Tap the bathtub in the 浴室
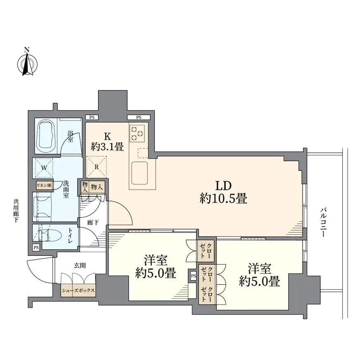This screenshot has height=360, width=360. click(x=47, y=136)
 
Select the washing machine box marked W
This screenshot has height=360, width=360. click(x=44, y=168)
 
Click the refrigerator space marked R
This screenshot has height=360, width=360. click(x=97, y=167)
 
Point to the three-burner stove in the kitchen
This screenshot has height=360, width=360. click(x=137, y=133)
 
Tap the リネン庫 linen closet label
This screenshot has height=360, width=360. click(x=44, y=185)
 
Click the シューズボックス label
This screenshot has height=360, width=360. click(x=78, y=290)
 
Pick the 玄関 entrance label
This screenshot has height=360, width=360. click(x=80, y=265)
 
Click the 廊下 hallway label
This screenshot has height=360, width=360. click(x=93, y=222)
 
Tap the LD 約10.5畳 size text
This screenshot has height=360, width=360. click(x=223, y=192)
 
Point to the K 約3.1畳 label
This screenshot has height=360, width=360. click(x=107, y=142)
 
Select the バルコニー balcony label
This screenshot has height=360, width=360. click(x=323, y=222)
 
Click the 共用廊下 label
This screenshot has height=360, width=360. click(x=16, y=211)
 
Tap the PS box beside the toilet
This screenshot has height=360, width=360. click(x=36, y=248)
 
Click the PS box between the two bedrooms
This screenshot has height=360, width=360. click(x=193, y=276)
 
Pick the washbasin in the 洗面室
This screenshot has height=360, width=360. click(x=42, y=207)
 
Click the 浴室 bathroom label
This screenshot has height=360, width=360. click(x=70, y=136)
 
